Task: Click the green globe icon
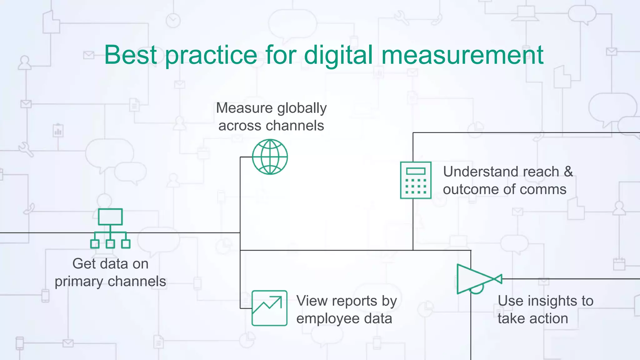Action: pyautogui.click(x=270, y=157)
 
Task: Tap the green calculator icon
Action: pyautogui.click(x=416, y=180)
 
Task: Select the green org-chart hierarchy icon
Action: pyautogui.click(x=110, y=228)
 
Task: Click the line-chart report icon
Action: pyautogui.click(x=269, y=308)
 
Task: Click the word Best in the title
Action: pyautogui.click(x=130, y=55)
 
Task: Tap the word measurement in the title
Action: pyautogui.click(x=462, y=55)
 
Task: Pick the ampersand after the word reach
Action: pyautogui.click(x=568, y=172)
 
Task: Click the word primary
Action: pyautogui.click(x=79, y=282)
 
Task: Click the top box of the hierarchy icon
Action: pyautogui.click(x=110, y=217)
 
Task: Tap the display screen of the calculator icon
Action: pyautogui.click(x=416, y=171)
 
